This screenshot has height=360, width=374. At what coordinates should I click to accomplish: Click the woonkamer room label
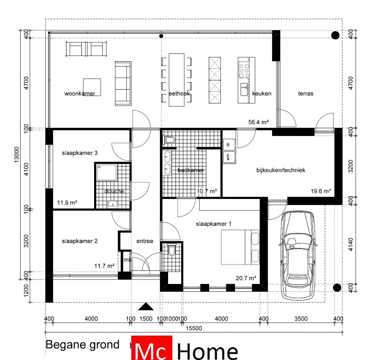80,94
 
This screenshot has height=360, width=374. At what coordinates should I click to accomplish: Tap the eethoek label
179,94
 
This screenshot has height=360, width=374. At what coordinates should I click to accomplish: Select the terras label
306,94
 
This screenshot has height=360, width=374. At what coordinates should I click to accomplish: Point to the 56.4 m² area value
259,122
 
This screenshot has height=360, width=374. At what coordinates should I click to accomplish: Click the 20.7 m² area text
246,278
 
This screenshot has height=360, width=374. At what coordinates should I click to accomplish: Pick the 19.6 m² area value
321,191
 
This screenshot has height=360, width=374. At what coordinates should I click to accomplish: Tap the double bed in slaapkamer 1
241,247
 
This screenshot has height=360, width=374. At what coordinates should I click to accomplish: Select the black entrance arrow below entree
146,307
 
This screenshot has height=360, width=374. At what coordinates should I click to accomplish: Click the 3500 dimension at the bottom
301,319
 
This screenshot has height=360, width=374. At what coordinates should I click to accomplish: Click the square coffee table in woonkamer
92,87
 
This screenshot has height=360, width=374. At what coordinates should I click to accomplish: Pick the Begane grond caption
82,345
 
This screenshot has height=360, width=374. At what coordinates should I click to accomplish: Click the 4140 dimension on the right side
351,245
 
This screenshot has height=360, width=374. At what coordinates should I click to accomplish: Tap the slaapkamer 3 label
80,153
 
